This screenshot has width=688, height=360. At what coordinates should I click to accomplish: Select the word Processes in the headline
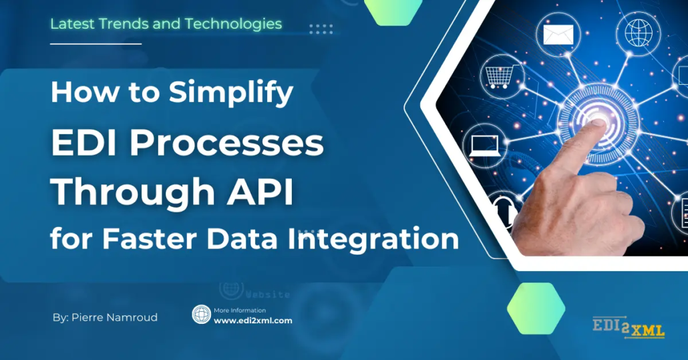(x=226, y=143)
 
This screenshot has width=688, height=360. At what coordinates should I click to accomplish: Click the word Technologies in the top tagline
(x=233, y=24)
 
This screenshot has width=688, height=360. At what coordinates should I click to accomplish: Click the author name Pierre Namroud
(x=114, y=317)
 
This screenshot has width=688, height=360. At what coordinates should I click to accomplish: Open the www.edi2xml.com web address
(x=252, y=321)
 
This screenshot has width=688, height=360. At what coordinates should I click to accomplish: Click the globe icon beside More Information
(x=202, y=315)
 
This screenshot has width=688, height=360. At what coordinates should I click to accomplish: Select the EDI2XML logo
(x=629, y=327)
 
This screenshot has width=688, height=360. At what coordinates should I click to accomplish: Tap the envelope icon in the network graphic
(x=558, y=35)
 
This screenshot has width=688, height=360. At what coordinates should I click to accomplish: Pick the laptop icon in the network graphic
(x=484, y=146)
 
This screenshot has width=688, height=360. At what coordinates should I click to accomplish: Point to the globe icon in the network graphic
(x=639, y=33)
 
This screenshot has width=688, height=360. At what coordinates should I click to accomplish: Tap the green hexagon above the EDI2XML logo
(x=536, y=309)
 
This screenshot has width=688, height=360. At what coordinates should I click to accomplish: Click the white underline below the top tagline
(x=96, y=44)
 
